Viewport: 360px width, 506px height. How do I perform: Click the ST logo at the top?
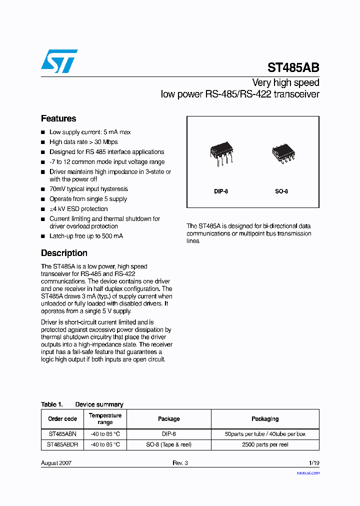pos(59,60)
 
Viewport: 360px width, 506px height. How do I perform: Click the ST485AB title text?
pos(293,68)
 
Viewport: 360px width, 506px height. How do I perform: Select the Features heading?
pos(58,118)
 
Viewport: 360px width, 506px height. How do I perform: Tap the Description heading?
pos(64,253)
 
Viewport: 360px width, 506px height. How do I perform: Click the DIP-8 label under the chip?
pos(221,191)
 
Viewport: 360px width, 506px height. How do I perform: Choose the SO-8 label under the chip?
pos(281,191)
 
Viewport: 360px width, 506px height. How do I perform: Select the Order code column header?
pos(62,419)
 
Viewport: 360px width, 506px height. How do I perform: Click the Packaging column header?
pos(265,419)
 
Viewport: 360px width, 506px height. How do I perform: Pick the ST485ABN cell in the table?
pos(62,434)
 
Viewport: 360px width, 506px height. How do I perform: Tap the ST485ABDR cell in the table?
pos(62,444)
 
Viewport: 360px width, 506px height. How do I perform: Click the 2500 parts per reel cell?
pos(265,444)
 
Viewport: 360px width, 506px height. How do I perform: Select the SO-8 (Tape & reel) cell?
pos(168,444)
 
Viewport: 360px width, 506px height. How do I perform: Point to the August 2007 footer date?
pos(56,463)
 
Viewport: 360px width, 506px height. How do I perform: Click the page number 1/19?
pos(313,463)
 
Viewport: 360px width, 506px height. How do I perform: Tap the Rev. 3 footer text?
pos(180,463)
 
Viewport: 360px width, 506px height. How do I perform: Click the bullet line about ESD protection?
pos(78,209)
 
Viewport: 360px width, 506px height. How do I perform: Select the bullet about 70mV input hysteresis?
pos(88,189)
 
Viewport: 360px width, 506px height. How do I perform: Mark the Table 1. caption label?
pos(51,404)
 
